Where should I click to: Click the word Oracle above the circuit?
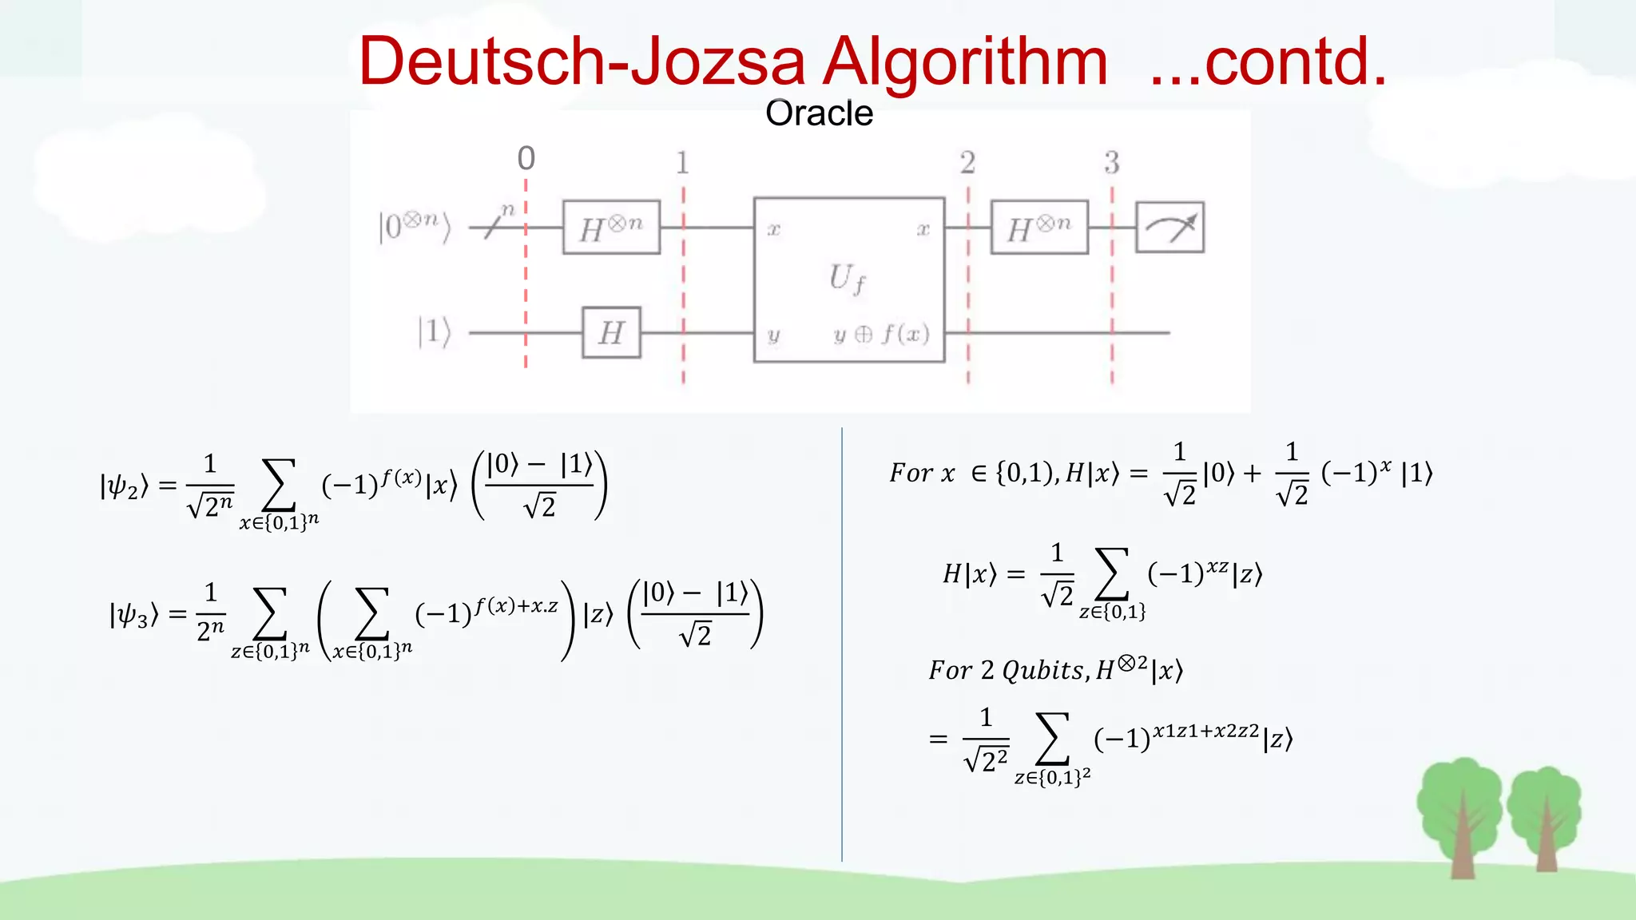click(819, 113)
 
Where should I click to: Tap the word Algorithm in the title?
click(965, 62)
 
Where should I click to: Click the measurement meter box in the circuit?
click(1169, 228)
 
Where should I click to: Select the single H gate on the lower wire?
click(611, 332)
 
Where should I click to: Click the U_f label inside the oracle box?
click(847, 279)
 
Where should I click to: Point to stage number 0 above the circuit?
click(526, 158)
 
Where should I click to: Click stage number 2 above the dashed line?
click(967, 163)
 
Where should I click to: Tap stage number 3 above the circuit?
click(1111, 163)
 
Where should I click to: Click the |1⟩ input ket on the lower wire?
click(435, 331)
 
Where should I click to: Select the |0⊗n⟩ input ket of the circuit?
click(415, 226)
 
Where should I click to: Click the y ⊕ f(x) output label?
click(881, 334)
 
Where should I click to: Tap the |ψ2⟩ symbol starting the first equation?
click(124, 486)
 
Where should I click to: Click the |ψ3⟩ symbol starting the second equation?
click(133, 614)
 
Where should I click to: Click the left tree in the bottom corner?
click(1460, 815)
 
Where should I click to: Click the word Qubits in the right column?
click(1042, 670)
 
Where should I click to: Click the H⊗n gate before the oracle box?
click(611, 228)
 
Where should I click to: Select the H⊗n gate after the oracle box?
click(1038, 228)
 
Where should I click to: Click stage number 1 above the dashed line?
click(682, 163)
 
